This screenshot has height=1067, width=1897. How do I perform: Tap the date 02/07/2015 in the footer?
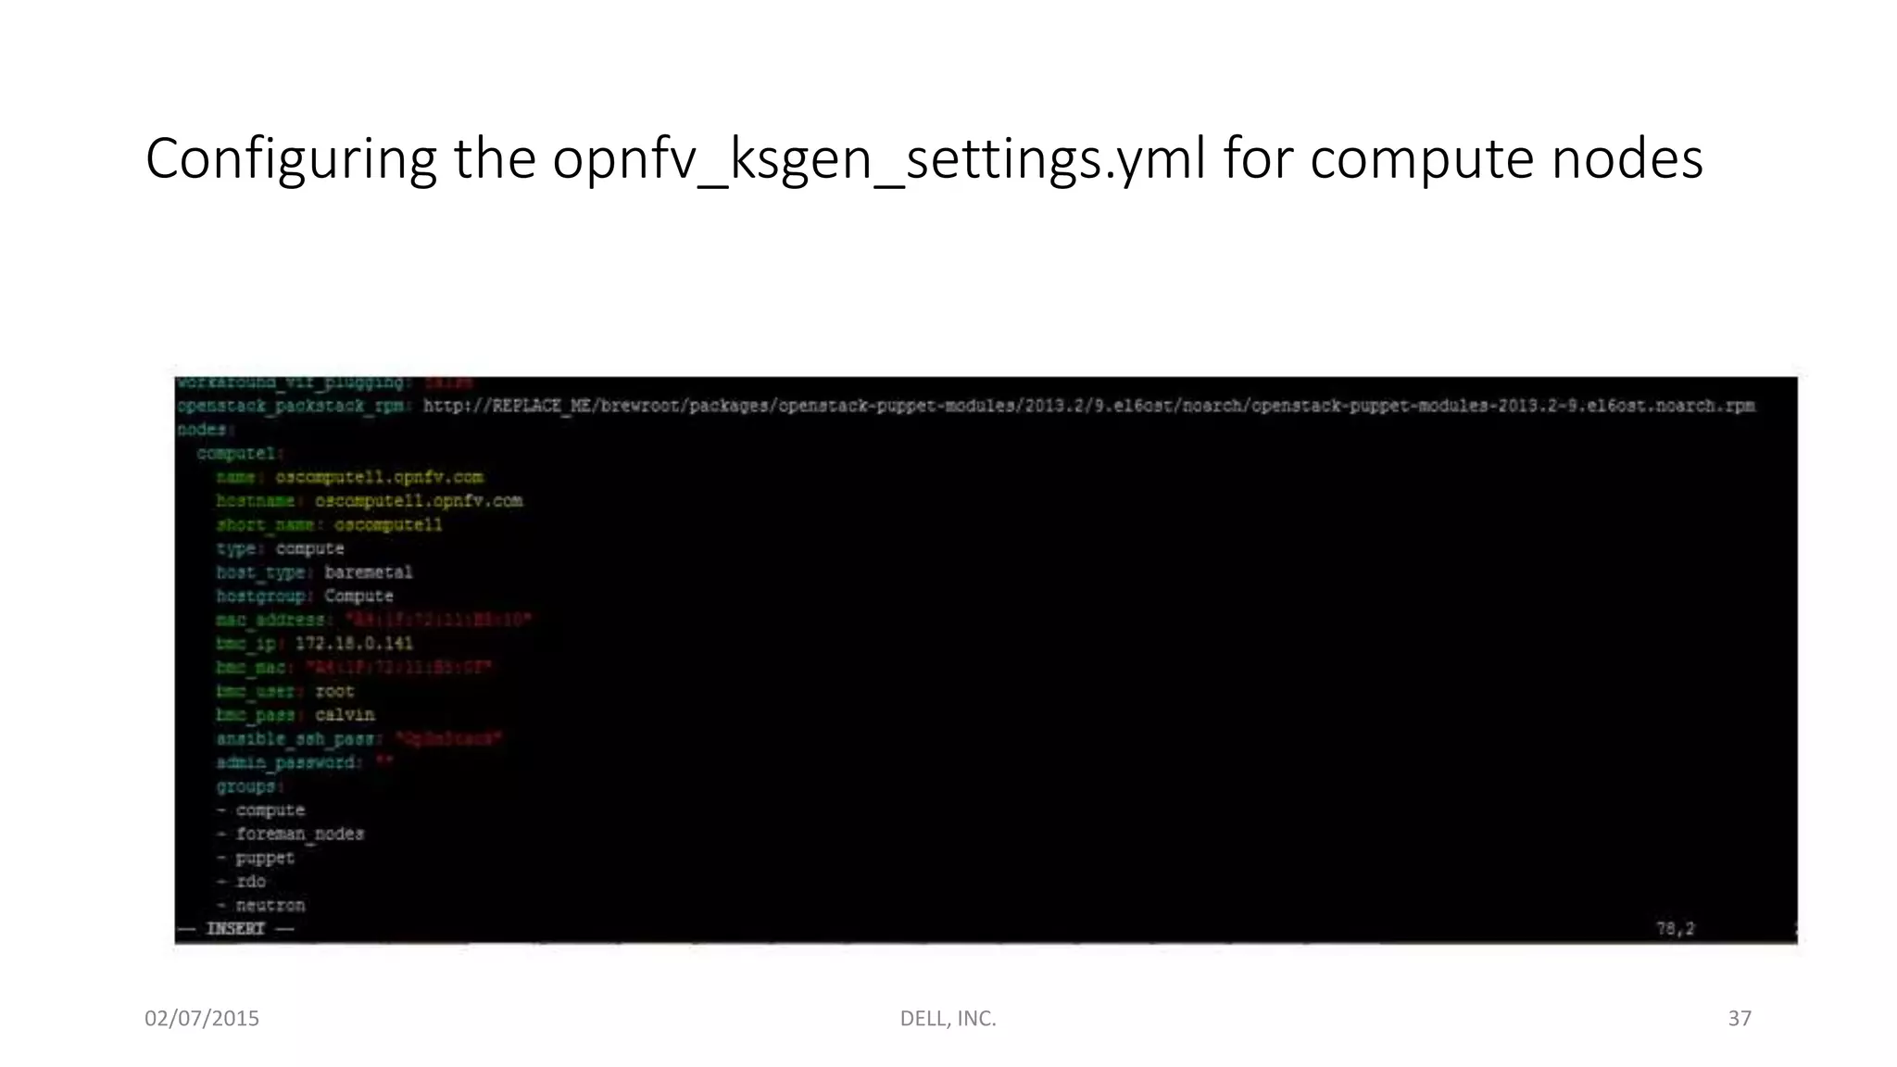click(202, 1019)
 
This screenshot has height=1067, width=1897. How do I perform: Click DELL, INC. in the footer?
click(948, 1019)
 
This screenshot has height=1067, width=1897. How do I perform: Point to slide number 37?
click(1740, 1019)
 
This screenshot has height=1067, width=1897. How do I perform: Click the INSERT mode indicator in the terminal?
click(235, 929)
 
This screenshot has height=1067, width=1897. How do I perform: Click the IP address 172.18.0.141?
click(354, 644)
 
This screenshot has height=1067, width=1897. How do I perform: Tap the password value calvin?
click(345, 715)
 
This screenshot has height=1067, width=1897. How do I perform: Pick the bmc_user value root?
click(334, 691)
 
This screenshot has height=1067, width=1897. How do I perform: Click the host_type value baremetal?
click(368, 572)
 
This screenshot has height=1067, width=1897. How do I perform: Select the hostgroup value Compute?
click(358, 596)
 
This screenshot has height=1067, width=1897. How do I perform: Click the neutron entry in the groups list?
click(270, 906)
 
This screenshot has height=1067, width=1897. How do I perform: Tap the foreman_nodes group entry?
click(299, 835)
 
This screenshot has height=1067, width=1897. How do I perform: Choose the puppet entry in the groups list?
click(265, 858)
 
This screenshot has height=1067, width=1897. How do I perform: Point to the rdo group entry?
click(250, 882)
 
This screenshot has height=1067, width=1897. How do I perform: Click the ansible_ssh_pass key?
click(295, 739)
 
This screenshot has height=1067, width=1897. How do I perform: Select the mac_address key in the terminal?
click(270, 620)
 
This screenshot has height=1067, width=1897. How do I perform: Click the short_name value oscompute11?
click(388, 525)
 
